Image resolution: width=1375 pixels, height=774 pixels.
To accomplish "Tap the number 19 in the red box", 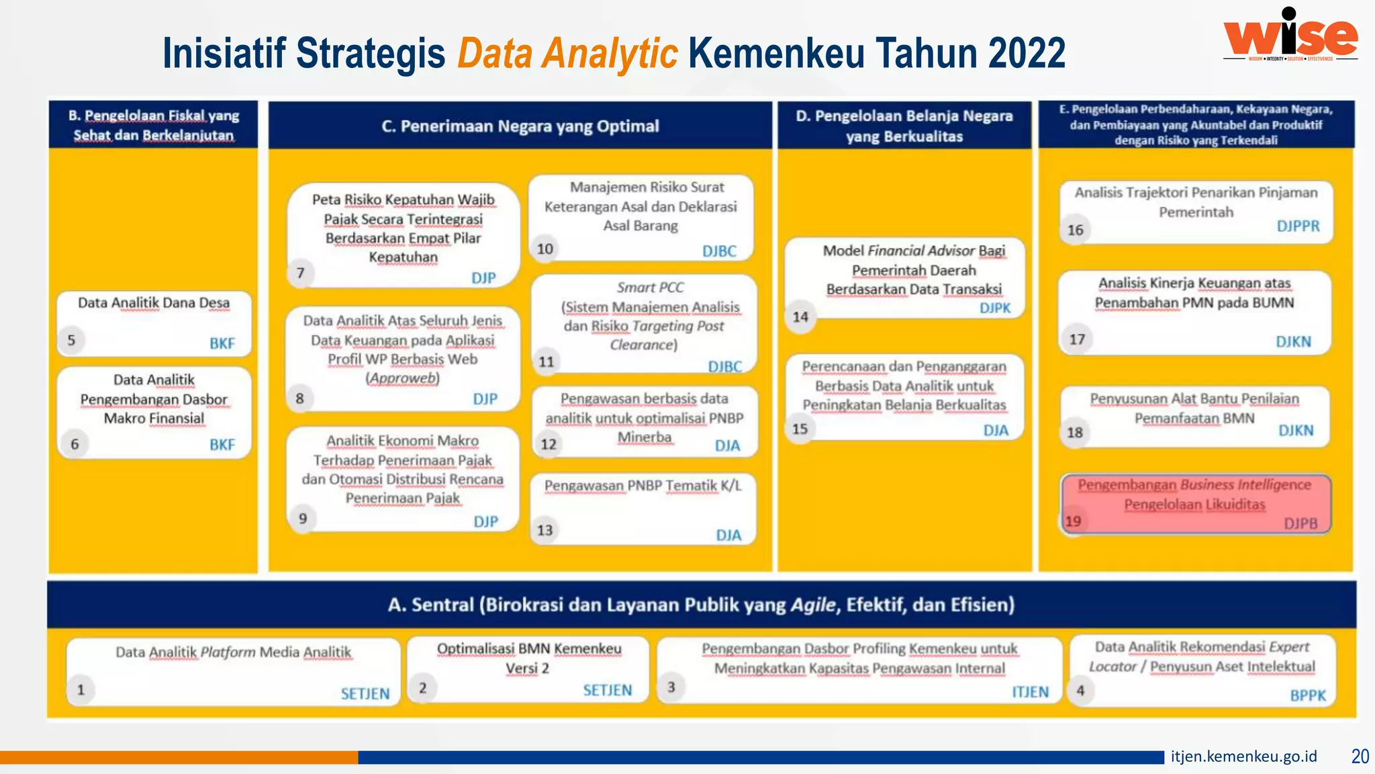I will [1073, 521].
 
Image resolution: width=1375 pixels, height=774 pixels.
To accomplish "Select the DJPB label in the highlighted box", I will [1300, 523].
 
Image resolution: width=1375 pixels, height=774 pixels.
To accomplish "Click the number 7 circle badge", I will [301, 273].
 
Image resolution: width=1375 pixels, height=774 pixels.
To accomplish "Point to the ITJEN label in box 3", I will [1030, 692].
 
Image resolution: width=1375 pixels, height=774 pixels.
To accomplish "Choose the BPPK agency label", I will [1308, 695].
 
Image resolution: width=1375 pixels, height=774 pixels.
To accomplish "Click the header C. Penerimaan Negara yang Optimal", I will [520, 126].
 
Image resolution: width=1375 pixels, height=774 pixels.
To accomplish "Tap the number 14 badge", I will [800, 316].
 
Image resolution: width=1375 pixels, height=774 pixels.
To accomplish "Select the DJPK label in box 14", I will [994, 308].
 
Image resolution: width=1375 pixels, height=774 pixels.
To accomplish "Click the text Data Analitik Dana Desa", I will [154, 303].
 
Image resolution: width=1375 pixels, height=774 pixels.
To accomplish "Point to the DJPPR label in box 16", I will [1298, 226].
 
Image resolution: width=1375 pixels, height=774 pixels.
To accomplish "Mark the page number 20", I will [1360, 757].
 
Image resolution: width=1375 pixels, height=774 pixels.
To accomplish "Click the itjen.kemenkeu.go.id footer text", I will [1243, 757].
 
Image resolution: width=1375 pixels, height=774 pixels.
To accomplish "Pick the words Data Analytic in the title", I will [567, 54].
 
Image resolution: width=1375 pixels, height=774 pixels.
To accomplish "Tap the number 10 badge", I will [544, 249].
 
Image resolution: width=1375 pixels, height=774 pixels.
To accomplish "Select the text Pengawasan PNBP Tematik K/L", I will [643, 486].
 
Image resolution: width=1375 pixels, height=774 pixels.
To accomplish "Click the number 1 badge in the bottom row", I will [81, 689].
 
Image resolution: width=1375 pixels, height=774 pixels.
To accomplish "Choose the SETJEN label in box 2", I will [607, 690].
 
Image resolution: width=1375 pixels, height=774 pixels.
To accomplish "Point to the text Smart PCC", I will [650, 288].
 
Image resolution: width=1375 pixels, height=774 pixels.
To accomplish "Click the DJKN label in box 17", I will [1293, 341].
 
